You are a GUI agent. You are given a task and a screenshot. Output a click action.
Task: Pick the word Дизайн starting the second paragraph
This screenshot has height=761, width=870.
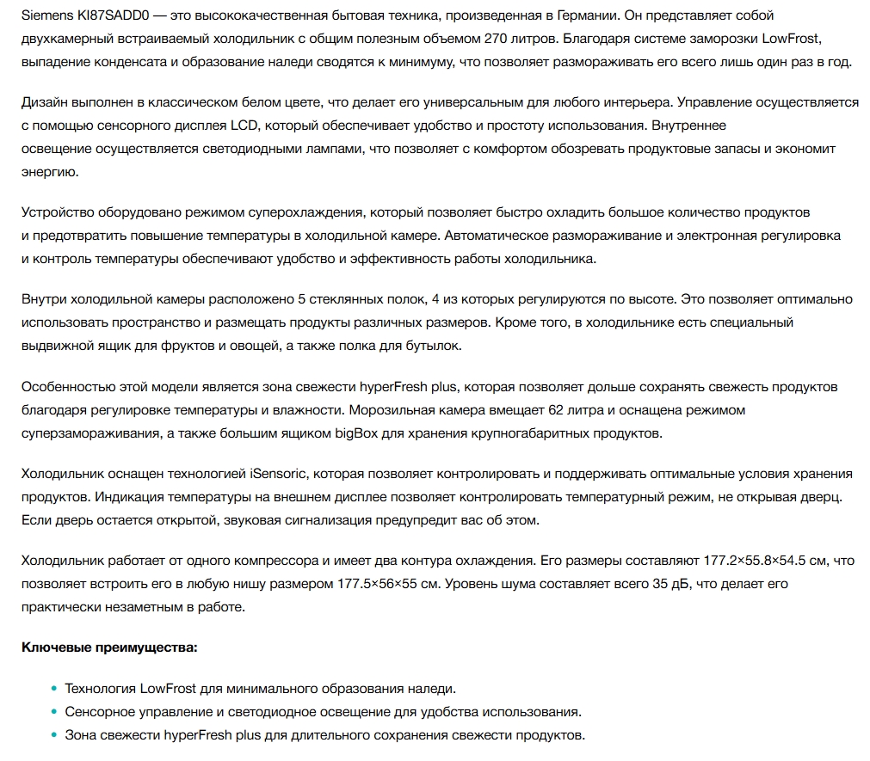point(44,102)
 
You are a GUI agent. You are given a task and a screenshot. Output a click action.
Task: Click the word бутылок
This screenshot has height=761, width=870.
point(435,345)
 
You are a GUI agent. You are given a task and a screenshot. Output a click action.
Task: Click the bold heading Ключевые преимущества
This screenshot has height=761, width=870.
point(109,646)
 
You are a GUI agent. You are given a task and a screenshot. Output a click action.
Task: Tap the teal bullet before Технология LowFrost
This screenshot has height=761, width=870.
point(53,689)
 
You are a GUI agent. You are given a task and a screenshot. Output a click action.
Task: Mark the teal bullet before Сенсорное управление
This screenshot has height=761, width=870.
point(53,712)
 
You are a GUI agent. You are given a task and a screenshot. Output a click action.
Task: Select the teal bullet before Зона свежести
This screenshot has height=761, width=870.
point(53,735)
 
